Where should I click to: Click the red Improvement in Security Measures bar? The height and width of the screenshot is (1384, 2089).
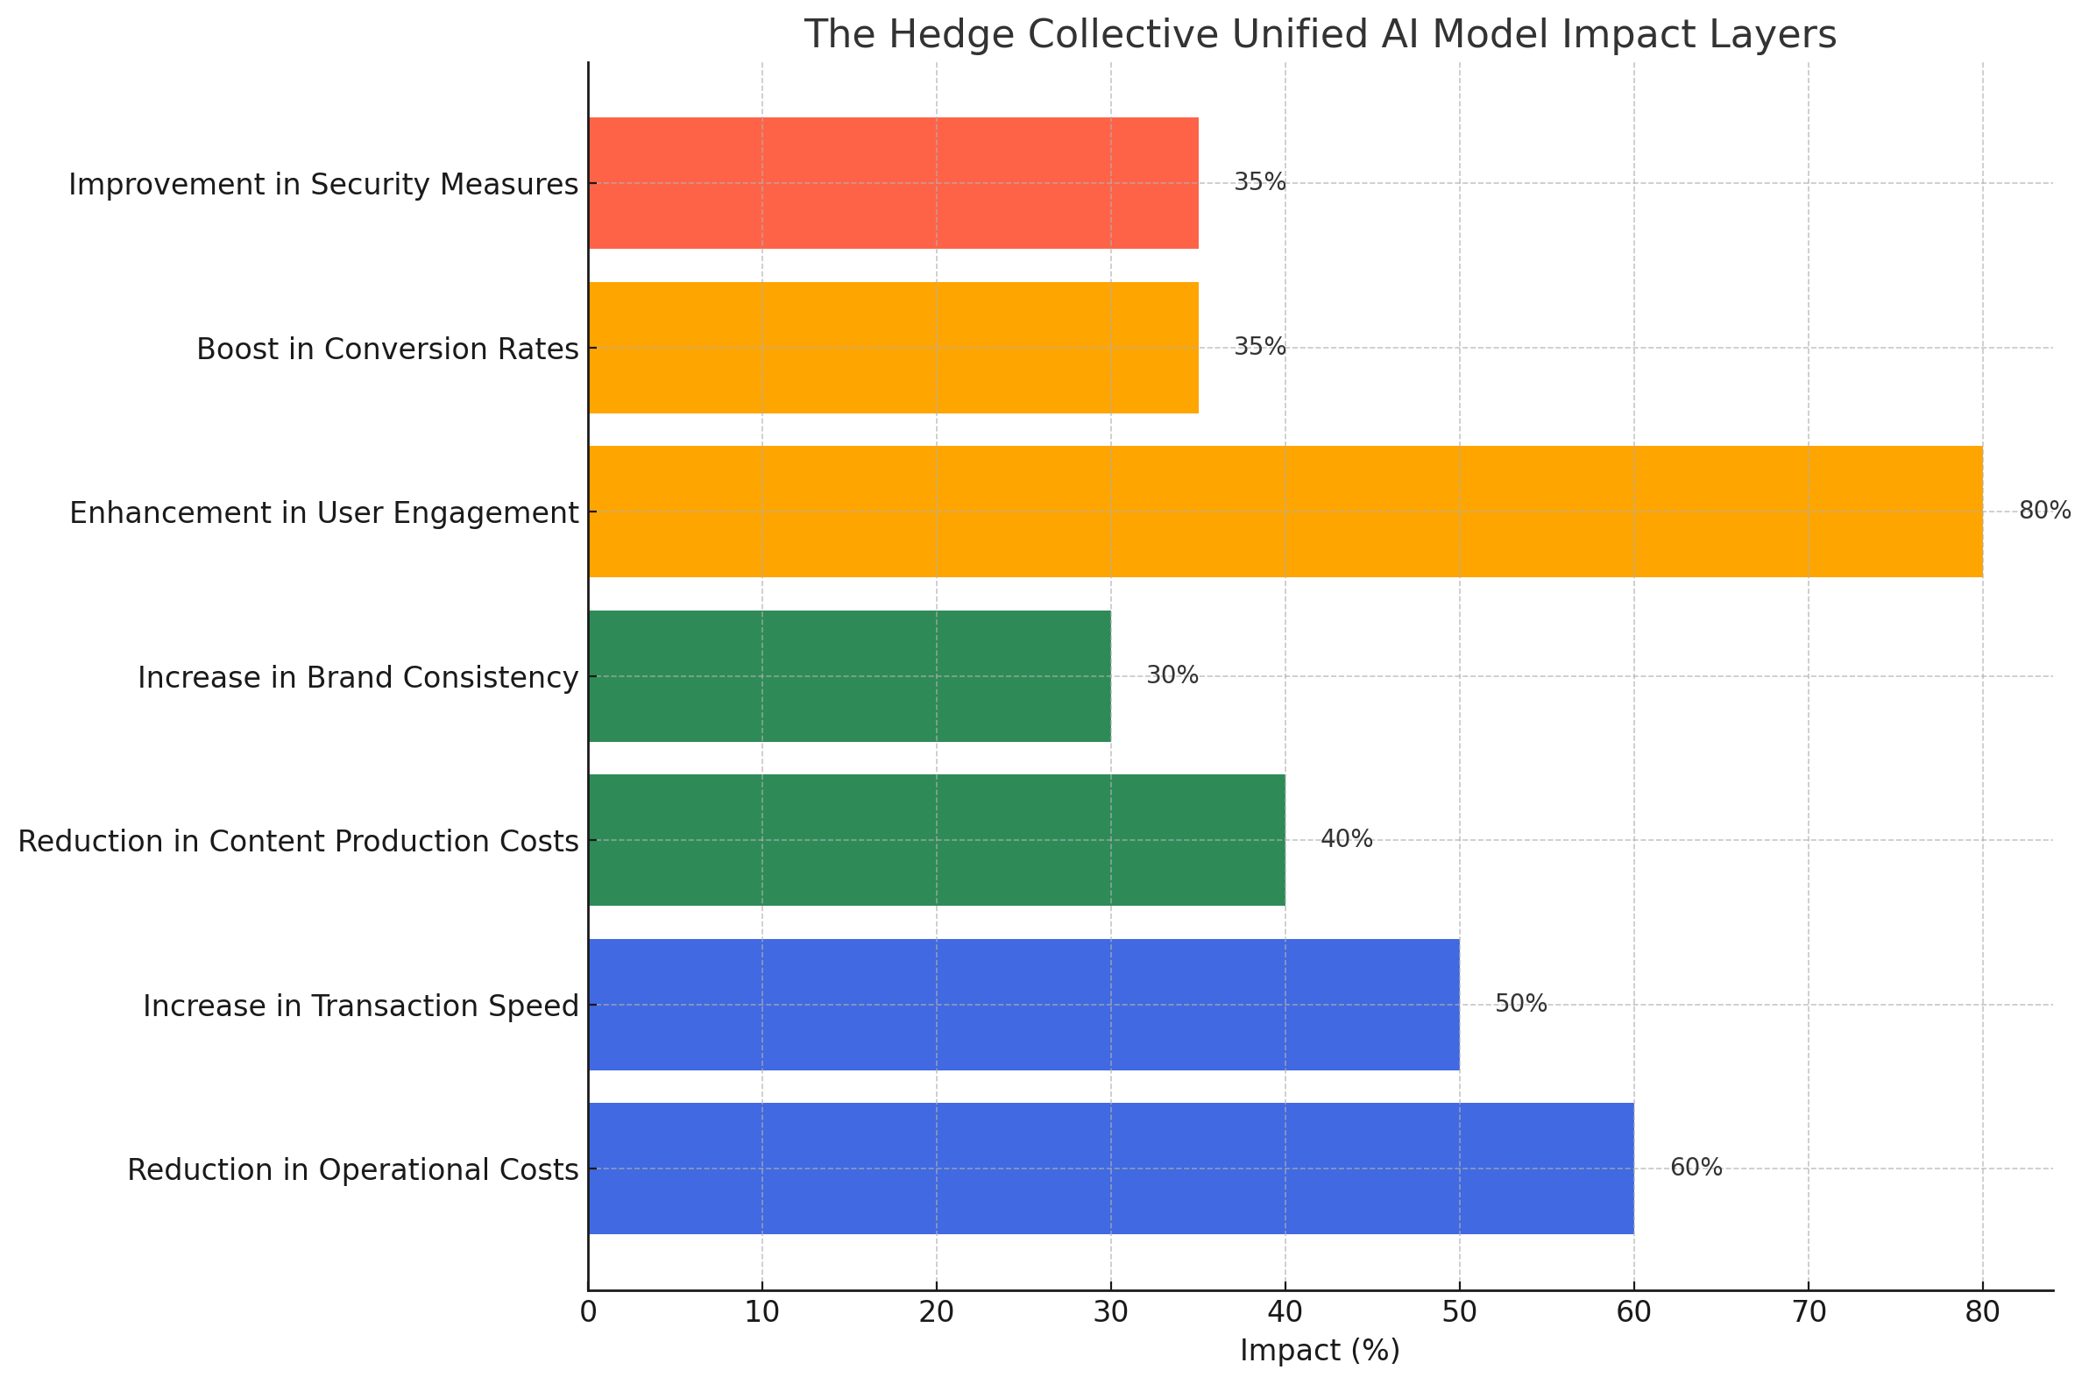coord(893,183)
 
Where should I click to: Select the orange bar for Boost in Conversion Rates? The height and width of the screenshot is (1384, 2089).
coord(893,347)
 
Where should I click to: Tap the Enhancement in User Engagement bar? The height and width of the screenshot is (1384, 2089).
coord(1285,511)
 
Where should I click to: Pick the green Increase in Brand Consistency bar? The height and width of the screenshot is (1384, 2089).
coord(848,676)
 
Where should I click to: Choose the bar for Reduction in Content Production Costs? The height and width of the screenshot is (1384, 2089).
coord(936,839)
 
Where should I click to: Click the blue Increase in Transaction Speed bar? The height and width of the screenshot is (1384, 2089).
coord(1023,1005)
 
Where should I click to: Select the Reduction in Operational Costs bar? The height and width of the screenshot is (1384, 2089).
coord(1110,1168)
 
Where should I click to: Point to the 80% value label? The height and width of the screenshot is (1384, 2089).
coord(2045,510)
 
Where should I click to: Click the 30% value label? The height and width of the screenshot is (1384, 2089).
coord(1172,675)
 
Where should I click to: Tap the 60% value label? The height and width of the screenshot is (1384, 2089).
coord(1696,1167)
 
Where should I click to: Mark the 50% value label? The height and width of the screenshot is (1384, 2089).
coord(1520,1004)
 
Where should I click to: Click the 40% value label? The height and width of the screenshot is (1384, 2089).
coord(1346,838)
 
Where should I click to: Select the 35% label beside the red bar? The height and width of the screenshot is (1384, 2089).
coord(1259,182)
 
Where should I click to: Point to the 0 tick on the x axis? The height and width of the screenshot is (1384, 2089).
coord(588,1313)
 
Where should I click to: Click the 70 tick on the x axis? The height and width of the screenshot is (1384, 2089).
coord(1809,1313)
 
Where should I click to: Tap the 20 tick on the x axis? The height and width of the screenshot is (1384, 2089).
coord(936,1313)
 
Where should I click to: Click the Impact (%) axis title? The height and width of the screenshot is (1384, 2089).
coord(1319,1352)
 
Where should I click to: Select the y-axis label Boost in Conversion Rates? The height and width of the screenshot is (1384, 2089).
coord(386,350)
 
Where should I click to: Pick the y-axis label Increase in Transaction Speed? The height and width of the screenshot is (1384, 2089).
coord(360,1006)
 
